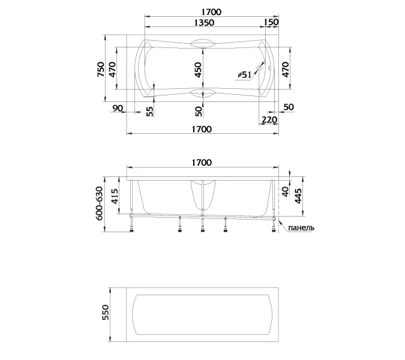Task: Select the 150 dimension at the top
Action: pos(271,23)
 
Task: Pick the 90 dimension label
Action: pos(118,108)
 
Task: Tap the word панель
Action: pos(301,228)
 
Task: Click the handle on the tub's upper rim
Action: pos(202,43)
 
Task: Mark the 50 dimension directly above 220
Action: pos(289,108)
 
